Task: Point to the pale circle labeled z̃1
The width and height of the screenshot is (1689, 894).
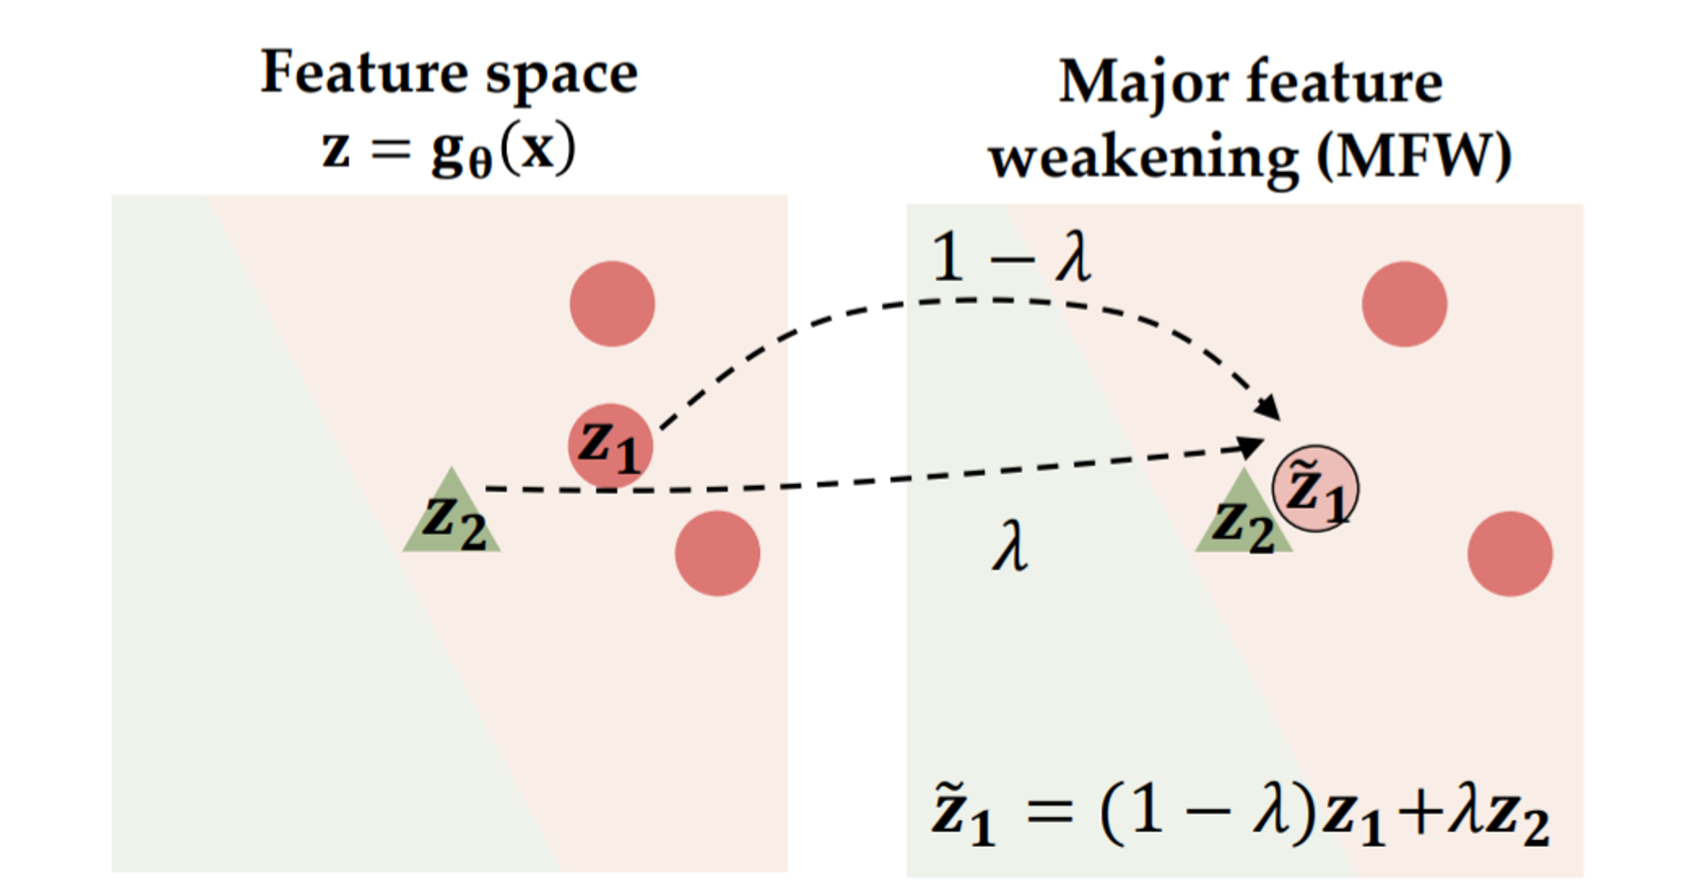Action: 1315,489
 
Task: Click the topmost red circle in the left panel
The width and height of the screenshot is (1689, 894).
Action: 612,304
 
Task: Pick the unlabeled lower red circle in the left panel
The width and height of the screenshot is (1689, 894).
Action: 717,553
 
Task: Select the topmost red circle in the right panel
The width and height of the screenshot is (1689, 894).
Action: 1404,304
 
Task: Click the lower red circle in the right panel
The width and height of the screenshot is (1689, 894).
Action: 1510,553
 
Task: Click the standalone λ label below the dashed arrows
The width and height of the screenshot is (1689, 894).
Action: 1010,548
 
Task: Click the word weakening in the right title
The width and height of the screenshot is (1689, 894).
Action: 1144,157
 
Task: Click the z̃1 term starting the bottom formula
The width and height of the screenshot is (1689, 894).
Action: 962,814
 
